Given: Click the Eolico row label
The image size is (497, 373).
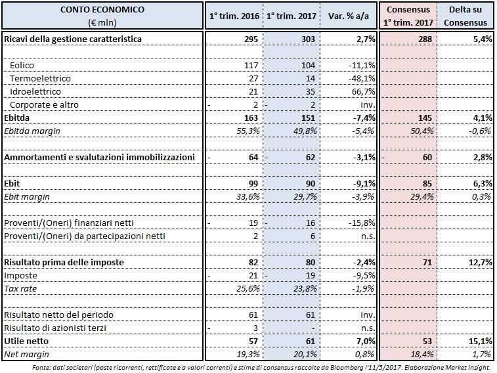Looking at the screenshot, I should (22, 66).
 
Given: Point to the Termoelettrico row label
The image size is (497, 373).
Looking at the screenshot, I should (39, 78).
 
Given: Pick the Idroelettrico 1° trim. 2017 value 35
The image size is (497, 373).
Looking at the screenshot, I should (309, 91).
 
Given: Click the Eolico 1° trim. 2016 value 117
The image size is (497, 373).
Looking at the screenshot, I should (249, 66).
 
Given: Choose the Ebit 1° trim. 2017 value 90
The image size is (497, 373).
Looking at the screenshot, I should (309, 183).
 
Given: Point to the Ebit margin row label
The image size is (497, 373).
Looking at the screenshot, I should (26, 196).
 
